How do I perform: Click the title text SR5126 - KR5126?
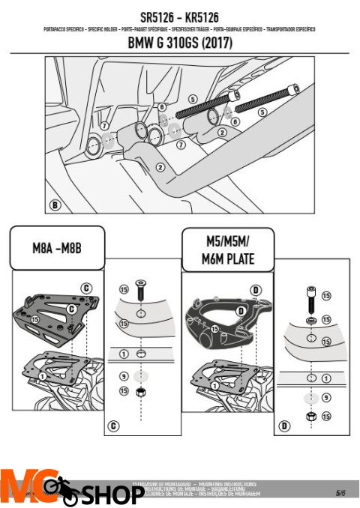coord(179,16)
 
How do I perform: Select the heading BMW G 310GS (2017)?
coord(179,43)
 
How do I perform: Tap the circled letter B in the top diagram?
coord(55,204)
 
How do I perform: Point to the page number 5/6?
coord(340,493)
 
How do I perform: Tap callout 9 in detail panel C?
coord(124,375)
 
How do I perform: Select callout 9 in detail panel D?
coord(325,398)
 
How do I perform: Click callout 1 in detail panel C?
coord(124,353)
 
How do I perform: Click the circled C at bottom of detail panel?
coord(113,426)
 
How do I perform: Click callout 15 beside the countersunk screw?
coord(124,289)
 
